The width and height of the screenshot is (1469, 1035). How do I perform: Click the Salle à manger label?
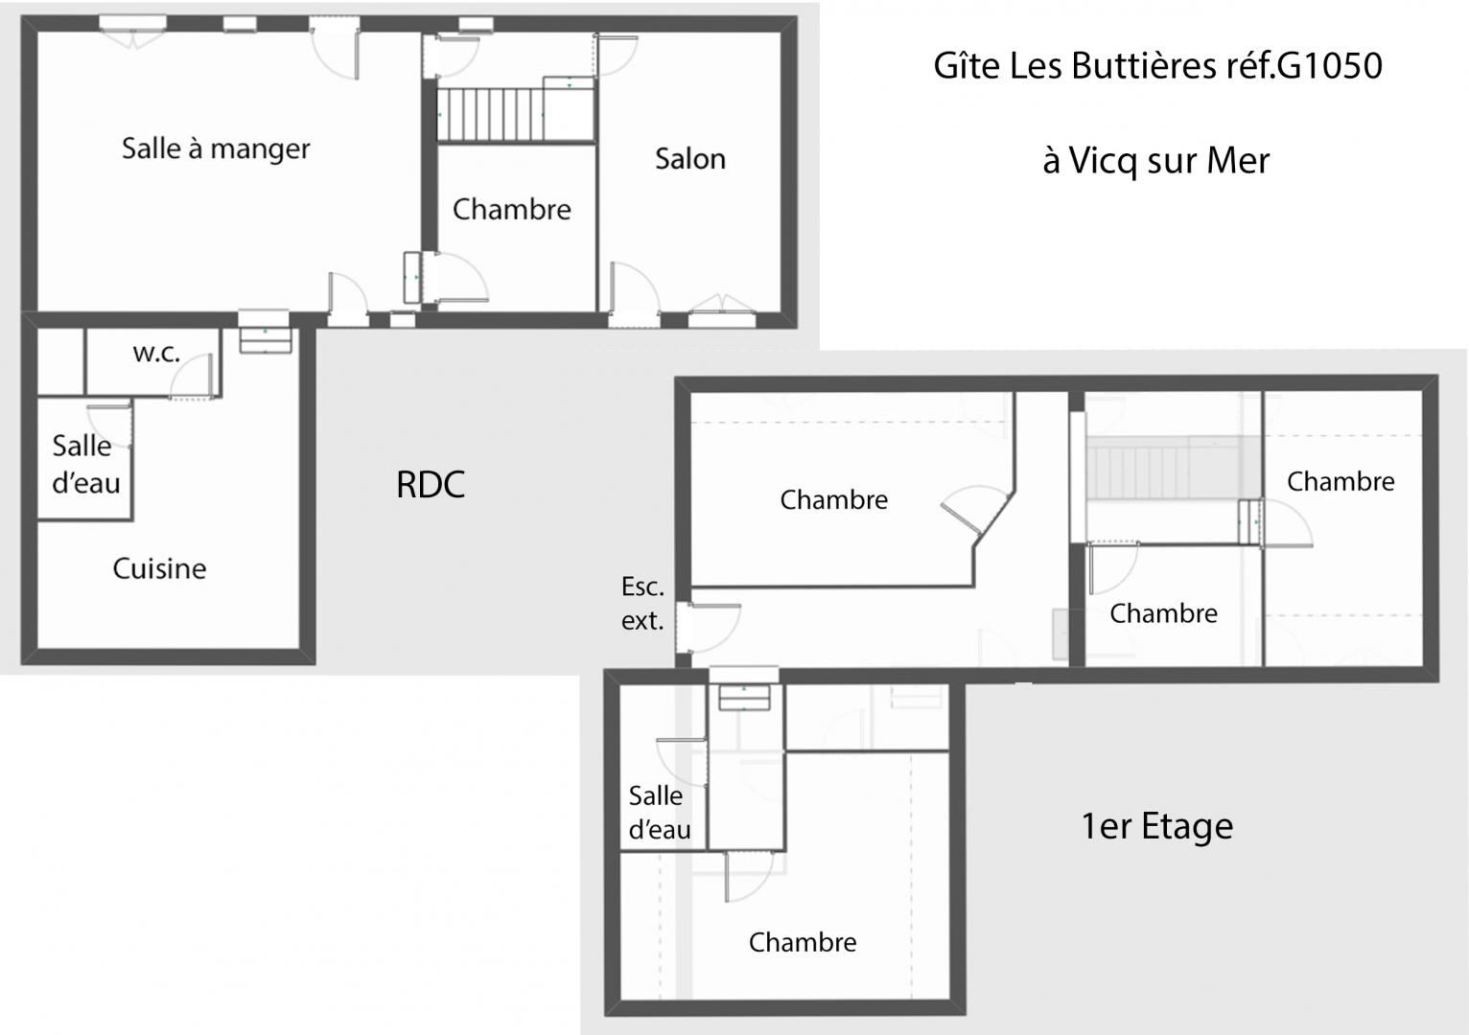216,149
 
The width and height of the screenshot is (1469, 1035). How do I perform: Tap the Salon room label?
690,159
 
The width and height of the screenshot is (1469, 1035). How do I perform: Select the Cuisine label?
159,568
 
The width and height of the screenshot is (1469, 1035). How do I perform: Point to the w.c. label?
156,354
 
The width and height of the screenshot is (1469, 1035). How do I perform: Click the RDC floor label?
431,484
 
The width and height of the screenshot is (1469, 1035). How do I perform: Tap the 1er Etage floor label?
1156,826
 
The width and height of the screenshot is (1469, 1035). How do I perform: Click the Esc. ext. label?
642,604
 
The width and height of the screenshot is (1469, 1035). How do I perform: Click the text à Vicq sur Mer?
1156,161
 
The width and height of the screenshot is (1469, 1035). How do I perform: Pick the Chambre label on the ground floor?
511,210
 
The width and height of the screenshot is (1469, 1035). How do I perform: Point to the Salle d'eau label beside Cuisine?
86,465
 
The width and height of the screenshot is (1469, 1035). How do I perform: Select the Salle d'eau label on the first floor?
659,813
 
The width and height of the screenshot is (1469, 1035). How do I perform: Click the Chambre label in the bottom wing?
803,943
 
